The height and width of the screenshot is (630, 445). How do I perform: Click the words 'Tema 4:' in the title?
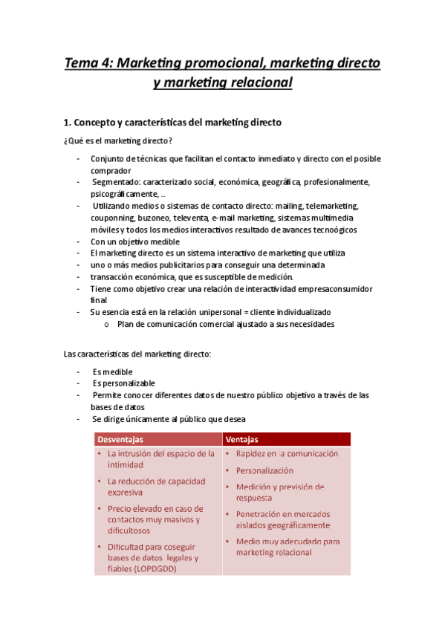click(89, 63)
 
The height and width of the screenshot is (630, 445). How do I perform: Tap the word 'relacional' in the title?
click(259, 82)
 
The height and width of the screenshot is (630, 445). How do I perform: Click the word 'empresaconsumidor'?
click(330, 288)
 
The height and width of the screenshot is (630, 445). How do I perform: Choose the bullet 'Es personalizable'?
click(124, 383)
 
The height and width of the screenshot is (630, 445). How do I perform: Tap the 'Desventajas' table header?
click(121, 438)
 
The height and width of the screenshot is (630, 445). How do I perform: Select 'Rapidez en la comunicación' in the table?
click(287, 453)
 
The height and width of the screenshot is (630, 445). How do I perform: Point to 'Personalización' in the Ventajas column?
click(264, 470)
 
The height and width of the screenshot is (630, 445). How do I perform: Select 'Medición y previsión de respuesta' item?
click(279, 492)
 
